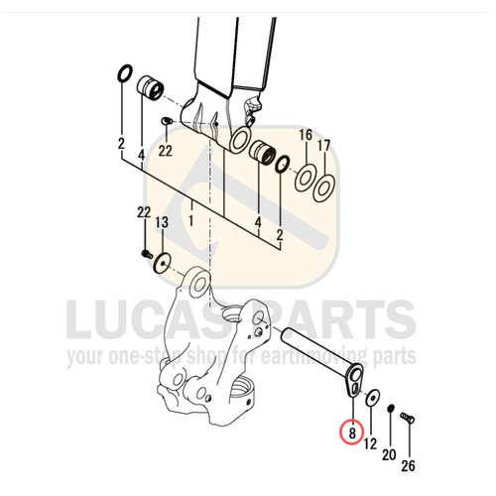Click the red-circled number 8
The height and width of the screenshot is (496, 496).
click(x=349, y=432)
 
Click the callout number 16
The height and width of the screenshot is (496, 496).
click(x=306, y=135)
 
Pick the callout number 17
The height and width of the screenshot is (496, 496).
click(x=324, y=145)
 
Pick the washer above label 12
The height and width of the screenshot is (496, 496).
click(x=370, y=398)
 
